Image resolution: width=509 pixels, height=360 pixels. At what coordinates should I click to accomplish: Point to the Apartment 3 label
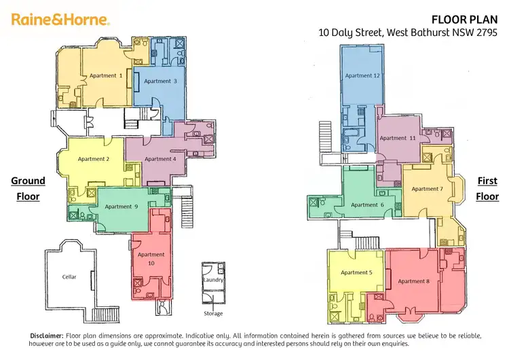tap(161, 81)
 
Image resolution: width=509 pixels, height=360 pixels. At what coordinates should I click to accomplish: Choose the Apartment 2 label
tap(94, 159)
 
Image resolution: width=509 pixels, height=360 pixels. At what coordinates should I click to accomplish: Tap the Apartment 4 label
tap(159, 159)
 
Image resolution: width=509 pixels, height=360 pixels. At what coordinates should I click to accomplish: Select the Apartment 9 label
tap(121, 206)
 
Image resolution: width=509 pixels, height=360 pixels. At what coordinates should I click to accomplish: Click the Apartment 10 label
tap(151, 259)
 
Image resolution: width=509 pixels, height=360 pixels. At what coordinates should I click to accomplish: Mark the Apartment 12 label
tap(362, 75)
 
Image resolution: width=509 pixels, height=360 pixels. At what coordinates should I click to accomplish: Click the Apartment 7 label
tap(427, 189)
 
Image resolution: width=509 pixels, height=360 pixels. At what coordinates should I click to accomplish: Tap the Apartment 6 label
tap(368, 204)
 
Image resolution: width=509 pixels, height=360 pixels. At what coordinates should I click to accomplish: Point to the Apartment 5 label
tap(356, 272)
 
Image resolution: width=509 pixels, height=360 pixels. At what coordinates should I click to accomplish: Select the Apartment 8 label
tap(414, 281)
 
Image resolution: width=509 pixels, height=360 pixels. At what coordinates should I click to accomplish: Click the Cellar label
tap(69, 277)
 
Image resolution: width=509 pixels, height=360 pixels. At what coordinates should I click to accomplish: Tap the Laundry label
tap(212, 280)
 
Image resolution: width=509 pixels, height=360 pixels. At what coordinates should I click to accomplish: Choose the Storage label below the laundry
tap(212, 314)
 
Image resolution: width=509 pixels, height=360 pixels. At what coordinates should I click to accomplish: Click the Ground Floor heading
tap(28, 189)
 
